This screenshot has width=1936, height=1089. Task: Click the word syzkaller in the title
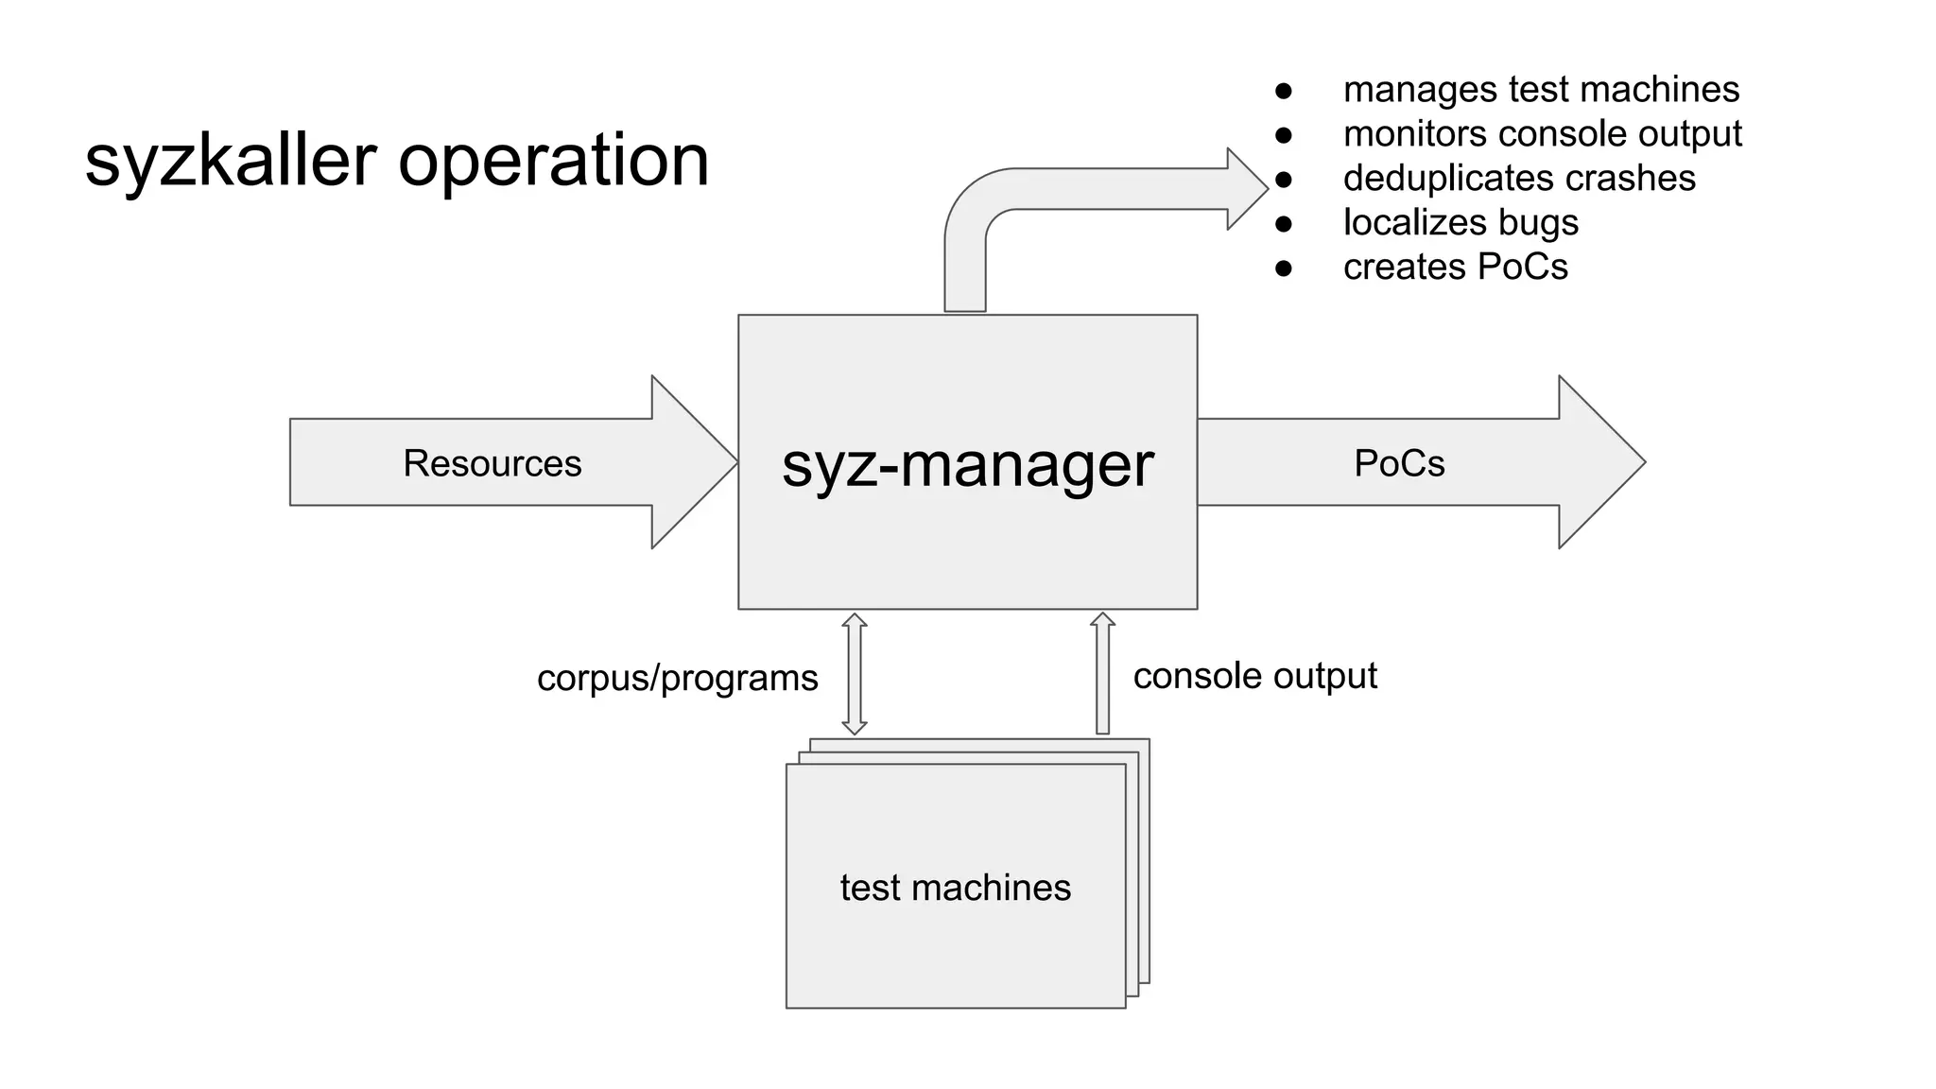coord(231,161)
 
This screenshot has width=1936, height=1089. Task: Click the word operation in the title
coord(553,161)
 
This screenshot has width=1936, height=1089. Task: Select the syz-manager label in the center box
coord(967,464)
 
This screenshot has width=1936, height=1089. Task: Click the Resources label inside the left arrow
coord(492,463)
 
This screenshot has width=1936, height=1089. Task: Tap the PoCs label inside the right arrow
coord(1399,463)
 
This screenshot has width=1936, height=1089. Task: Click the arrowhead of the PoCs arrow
coord(1607,462)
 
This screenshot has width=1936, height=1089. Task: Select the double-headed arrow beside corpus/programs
coord(855,674)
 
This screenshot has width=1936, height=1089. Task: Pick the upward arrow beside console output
coord(1102,673)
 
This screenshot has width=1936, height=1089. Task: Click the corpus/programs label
coord(677,678)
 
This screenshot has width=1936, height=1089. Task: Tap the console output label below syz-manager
coord(1254,675)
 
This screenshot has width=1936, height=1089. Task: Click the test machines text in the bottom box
coord(955,888)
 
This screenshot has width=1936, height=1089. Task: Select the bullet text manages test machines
coord(1541,90)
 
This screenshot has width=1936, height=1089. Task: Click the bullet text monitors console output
coord(1542,133)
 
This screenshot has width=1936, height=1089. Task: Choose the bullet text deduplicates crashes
coord(1519,178)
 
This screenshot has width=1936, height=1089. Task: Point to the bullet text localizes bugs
coord(1461,222)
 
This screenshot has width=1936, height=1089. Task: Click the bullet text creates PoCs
coord(1455,267)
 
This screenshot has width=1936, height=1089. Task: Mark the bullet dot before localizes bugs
coord(1283,224)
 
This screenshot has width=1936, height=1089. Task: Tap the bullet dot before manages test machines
coord(1283,91)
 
